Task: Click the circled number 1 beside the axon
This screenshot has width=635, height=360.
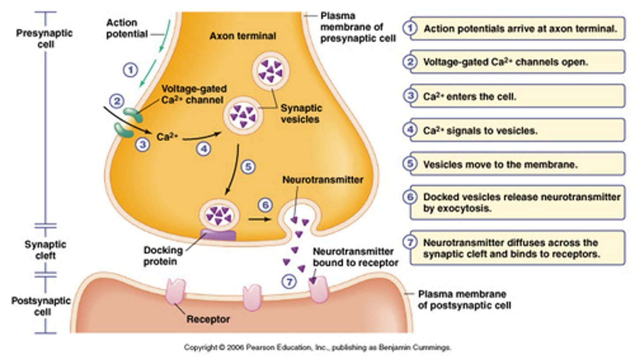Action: coord(131,70)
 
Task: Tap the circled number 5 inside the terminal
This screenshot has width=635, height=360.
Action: coord(248,167)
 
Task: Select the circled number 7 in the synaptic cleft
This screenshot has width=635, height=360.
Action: coord(289,282)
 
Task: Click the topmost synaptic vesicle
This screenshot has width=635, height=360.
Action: coord(270,70)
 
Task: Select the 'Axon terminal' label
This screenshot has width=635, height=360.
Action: coord(243,36)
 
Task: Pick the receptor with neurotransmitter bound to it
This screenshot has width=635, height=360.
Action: coord(319,290)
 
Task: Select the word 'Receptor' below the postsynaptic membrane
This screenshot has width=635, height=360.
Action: coord(208,319)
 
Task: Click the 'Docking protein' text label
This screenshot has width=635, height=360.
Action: coord(163,256)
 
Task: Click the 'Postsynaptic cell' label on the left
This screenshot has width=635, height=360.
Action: coord(41,306)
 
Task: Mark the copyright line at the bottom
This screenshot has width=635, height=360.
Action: coord(317,348)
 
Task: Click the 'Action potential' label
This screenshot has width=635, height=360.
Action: coord(127,28)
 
